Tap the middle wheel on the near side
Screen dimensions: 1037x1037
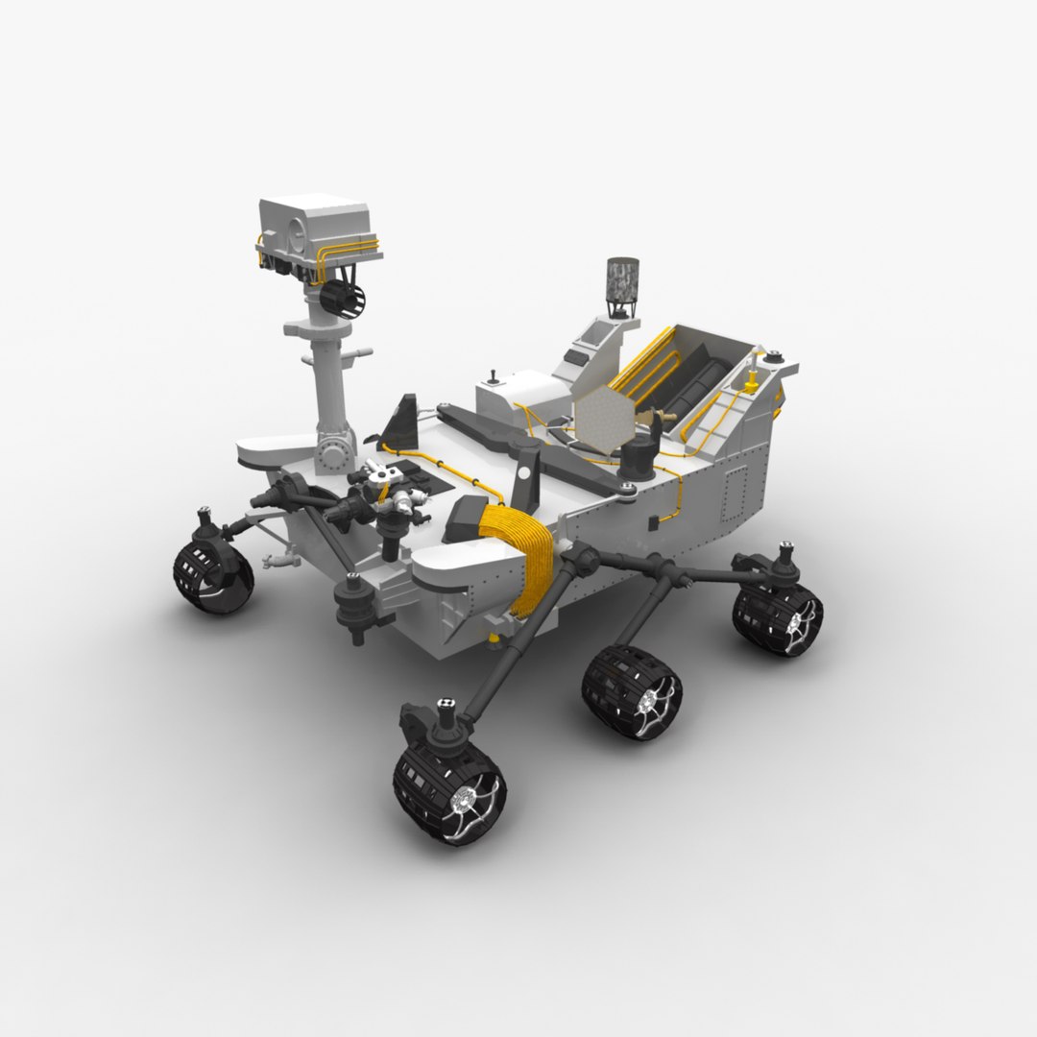click(631, 691)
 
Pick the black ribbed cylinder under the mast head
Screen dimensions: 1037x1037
click(344, 297)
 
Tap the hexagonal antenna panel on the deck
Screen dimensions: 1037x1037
click(601, 421)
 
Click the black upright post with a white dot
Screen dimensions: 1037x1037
click(526, 477)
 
